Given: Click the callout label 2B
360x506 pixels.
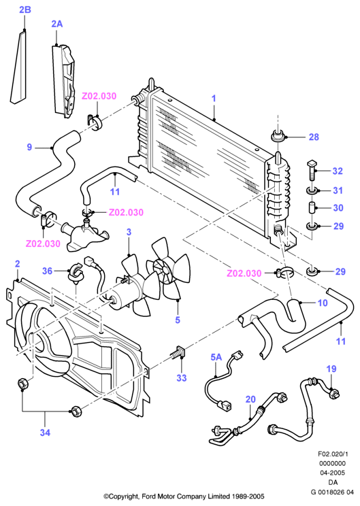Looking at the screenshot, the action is pos(25,10).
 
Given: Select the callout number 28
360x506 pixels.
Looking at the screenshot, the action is pos(314,137).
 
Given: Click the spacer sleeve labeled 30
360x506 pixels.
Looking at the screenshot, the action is pos(312,207).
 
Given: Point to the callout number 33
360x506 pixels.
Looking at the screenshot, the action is pos(182,378).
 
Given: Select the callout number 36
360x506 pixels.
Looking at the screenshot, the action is pos(47,271).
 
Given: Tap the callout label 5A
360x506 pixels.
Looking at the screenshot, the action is pos(216,357).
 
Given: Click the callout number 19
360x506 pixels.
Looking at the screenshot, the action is pos(331,369).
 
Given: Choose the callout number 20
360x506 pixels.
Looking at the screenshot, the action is pos(250,399).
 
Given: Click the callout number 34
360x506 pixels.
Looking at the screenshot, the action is pos(45,433).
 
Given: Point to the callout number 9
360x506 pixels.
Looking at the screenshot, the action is pos(29,148).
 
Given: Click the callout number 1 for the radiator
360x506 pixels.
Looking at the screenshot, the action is pos(214,99).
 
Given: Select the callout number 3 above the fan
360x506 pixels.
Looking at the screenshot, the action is pos(129,232).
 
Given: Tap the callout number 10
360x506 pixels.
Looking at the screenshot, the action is pos(323,303).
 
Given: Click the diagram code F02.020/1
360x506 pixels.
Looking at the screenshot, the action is pos(333,454).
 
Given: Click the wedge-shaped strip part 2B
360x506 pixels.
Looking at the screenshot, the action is pos(19,68).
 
